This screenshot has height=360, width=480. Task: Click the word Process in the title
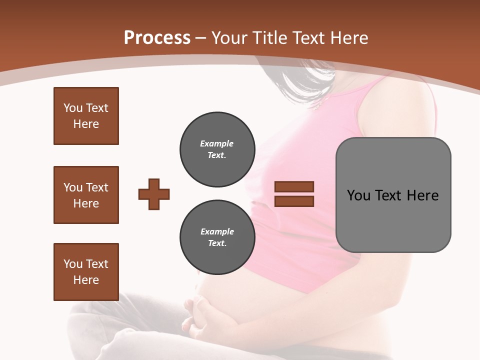tap(157, 38)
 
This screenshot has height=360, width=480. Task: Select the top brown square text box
tap(86, 116)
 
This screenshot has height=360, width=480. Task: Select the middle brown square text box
tap(86, 195)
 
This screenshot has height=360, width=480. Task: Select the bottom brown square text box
tap(86, 272)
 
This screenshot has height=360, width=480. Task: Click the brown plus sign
tap(154, 194)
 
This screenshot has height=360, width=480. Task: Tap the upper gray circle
tap(217, 149)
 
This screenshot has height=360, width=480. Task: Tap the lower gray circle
tap(217, 237)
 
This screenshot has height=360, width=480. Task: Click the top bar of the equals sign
tap(294, 186)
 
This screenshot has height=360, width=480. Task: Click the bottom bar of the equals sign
tap(294, 201)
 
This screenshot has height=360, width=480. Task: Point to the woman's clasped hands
tap(200, 315)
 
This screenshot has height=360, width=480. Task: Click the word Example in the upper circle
tap(217, 143)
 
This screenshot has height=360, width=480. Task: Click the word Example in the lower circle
tap(217, 231)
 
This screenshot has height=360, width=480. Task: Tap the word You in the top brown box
tap(72, 108)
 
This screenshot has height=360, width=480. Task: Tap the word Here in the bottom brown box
tap(86, 280)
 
